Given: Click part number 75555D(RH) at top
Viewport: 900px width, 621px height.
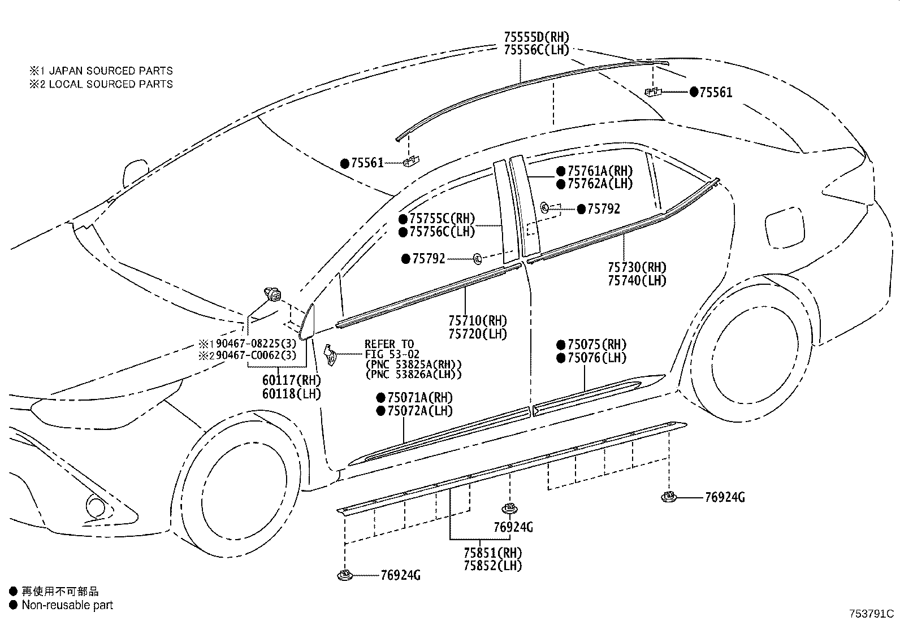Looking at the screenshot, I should [536, 37].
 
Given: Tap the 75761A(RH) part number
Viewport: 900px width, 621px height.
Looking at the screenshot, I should [600, 171].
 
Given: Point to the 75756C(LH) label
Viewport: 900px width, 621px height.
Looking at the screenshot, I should [442, 232].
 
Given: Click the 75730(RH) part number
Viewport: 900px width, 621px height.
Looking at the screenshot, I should [637, 267].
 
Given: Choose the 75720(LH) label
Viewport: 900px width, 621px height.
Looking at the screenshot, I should [478, 334].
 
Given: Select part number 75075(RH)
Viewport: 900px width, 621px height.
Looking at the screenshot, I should [597, 345].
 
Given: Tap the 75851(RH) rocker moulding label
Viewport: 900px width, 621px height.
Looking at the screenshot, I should [492, 553].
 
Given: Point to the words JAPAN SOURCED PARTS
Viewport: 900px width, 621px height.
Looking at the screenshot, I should [111, 71].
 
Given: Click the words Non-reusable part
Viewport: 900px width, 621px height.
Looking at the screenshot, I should [67, 605].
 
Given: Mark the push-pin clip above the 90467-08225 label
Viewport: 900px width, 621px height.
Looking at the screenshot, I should [272, 294].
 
